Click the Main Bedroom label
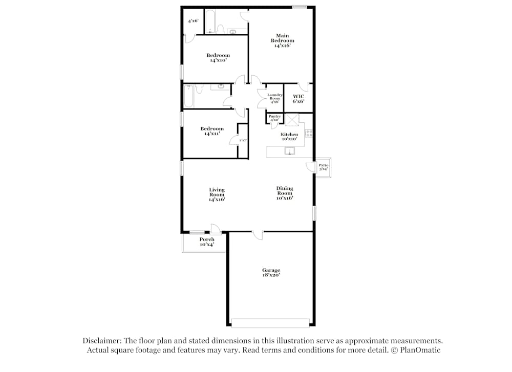point(283,40)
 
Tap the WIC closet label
point(298,99)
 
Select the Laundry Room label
point(275,98)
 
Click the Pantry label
point(274,118)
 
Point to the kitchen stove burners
point(309,133)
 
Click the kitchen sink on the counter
point(290,151)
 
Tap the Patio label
point(323,167)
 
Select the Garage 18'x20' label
point(271,272)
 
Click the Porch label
point(207,242)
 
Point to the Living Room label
point(217,194)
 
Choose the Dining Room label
point(285,193)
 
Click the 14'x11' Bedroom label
point(212,131)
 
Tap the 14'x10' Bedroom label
point(218,57)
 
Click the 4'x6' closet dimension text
point(193,21)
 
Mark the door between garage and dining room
point(258,235)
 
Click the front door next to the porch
point(216,229)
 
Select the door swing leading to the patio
point(310,167)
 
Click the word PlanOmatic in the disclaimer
point(420,351)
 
